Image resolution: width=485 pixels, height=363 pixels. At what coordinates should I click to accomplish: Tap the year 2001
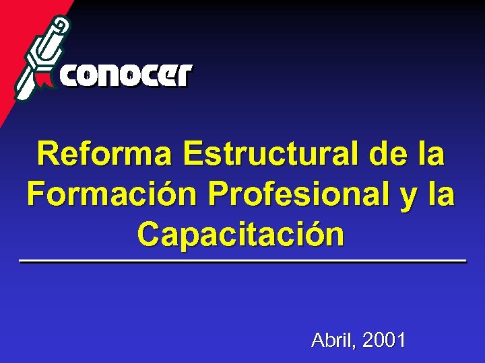[384, 340]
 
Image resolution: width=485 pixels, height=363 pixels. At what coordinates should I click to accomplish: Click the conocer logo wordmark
[127, 76]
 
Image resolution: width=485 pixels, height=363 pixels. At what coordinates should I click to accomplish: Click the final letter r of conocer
[184, 76]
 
